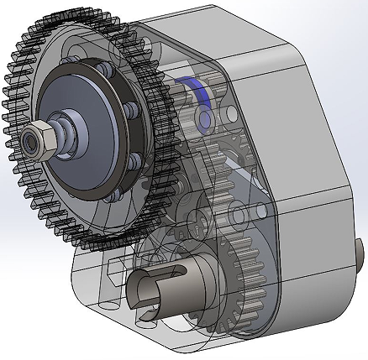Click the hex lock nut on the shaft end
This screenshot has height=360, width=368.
(38, 138)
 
